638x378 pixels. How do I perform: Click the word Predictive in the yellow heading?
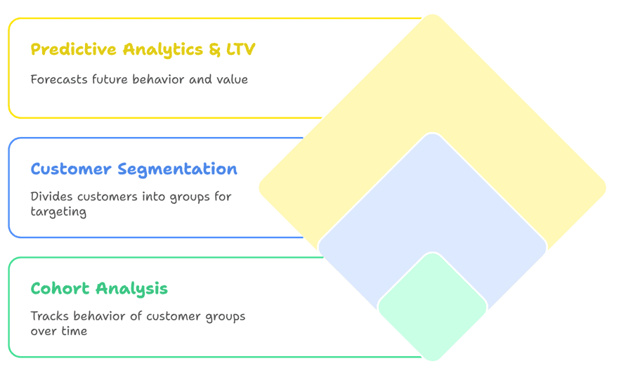(x=74, y=49)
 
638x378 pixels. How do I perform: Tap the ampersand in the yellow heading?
(x=215, y=49)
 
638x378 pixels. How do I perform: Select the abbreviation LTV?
(x=240, y=49)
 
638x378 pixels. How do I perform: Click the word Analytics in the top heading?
(x=163, y=50)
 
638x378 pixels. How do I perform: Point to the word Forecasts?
(x=59, y=79)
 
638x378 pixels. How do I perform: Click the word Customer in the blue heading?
(x=71, y=169)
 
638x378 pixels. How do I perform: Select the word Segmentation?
(x=177, y=169)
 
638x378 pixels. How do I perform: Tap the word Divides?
(x=51, y=197)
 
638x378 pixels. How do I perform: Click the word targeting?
(x=58, y=212)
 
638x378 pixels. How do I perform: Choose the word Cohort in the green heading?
(x=60, y=289)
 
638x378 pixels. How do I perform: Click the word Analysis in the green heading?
(x=131, y=289)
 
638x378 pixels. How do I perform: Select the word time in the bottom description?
(x=74, y=331)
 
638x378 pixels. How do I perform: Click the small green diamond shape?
(x=433, y=307)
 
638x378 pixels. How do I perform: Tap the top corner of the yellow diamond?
(x=433, y=15)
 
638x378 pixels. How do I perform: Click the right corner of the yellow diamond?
(x=606, y=188)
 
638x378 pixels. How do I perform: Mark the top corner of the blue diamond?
(x=433, y=133)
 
